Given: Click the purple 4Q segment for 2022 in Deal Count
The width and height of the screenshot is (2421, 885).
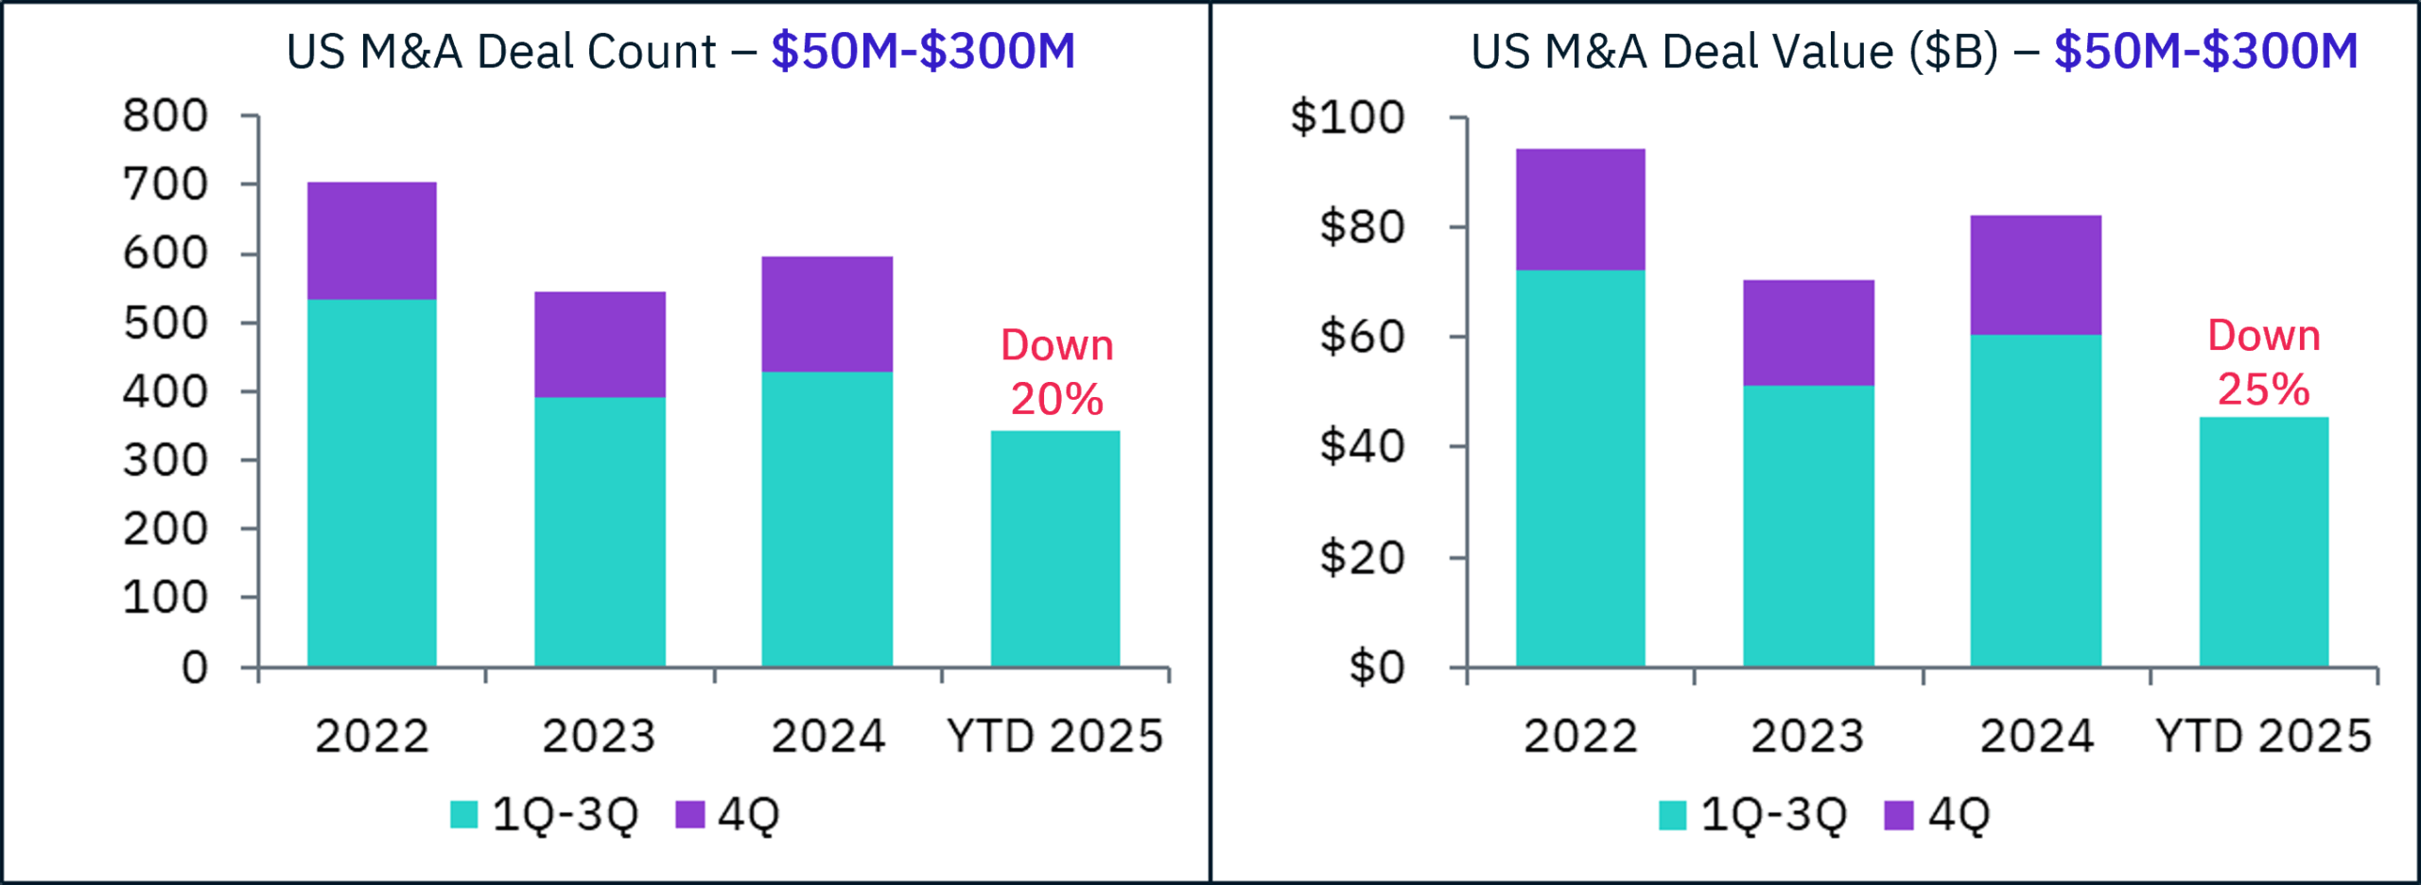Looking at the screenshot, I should (x=372, y=240).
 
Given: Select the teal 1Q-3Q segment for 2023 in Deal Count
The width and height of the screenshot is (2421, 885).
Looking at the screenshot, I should (x=600, y=531).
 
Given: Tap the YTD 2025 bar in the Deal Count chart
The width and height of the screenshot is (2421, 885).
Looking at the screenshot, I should (x=1055, y=548).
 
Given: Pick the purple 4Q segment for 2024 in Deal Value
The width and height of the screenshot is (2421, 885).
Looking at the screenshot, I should (x=2035, y=274).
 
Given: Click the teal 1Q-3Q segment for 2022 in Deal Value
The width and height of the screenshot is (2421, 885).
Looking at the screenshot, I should (x=1580, y=468).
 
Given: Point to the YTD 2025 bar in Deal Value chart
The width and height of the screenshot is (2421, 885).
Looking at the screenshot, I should (x=2264, y=541).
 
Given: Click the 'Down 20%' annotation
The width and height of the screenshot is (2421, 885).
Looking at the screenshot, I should (x=1056, y=372).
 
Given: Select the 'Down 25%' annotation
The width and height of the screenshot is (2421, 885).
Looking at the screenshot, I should (x=2264, y=362).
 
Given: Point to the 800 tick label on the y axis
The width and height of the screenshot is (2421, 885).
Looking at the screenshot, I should (x=165, y=115).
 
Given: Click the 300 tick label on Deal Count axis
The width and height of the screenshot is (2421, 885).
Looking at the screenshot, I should (x=165, y=460).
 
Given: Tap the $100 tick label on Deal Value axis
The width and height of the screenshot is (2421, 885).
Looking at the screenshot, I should (x=1348, y=117).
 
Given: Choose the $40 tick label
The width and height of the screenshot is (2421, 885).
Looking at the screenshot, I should (x=1362, y=446).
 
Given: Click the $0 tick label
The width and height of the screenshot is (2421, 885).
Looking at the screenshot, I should (x=1376, y=668).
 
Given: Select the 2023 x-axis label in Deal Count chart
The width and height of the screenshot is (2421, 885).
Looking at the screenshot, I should (x=599, y=737).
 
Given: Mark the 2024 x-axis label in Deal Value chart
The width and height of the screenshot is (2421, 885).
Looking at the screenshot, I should (x=2037, y=737).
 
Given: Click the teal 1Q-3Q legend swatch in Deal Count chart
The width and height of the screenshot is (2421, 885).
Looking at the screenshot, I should (x=463, y=814).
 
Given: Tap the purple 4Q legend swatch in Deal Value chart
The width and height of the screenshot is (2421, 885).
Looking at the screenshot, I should (x=1898, y=815).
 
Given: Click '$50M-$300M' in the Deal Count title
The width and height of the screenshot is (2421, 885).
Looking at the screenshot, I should (x=923, y=51).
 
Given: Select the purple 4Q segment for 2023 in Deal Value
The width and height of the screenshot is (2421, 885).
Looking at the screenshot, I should (x=1808, y=332).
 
